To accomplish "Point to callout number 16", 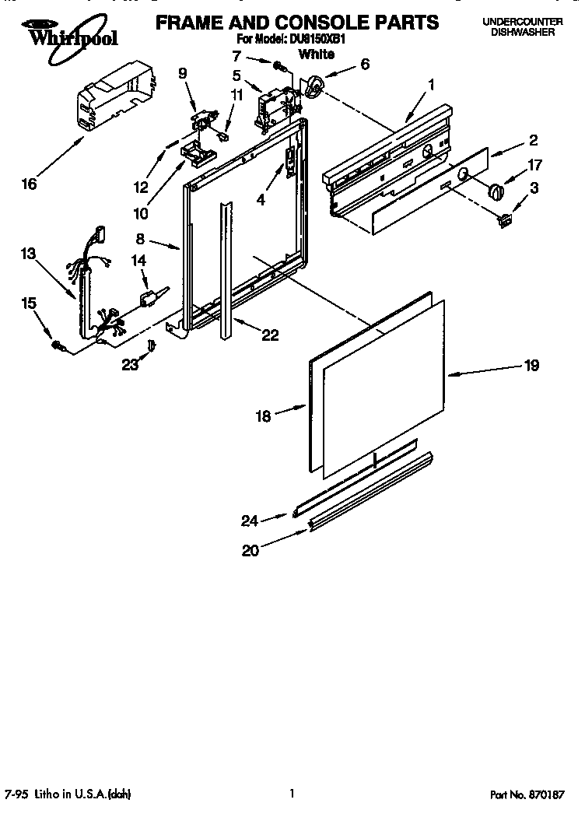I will point(29,184).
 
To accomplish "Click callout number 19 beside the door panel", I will point(531,365).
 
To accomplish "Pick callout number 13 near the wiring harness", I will point(29,253).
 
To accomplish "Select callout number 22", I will point(270,335).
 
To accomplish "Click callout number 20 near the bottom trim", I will point(250,550).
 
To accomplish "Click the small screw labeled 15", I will point(57,344).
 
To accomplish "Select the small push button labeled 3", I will point(505,222).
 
